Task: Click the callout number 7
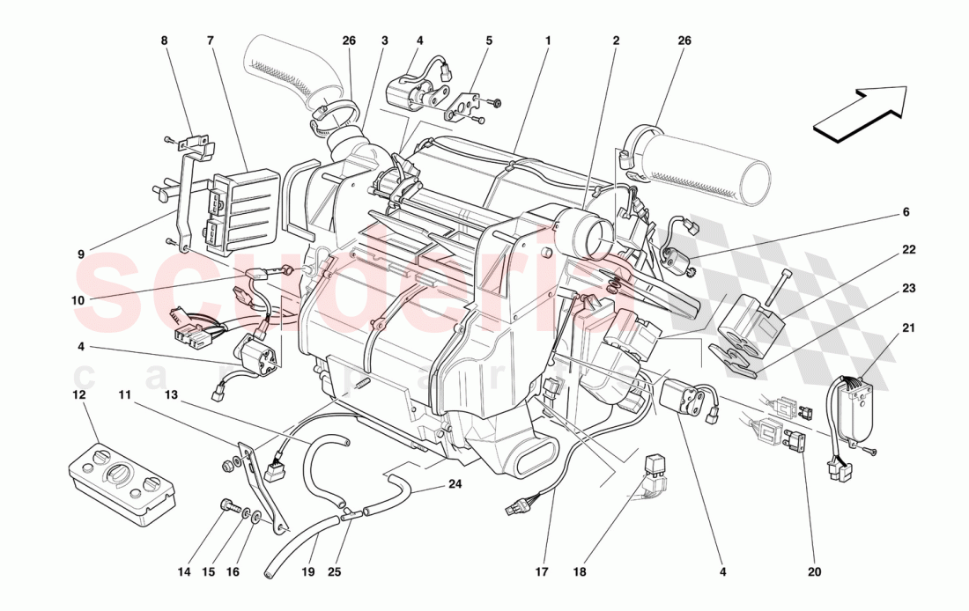tap(211, 40)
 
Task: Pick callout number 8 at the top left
tap(163, 40)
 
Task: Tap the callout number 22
tap(908, 249)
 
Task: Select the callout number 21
tap(908, 328)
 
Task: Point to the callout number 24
tap(455, 483)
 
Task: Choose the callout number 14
tap(183, 571)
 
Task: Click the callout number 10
tap(79, 299)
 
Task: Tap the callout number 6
tap(906, 212)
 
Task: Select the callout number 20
tap(813, 571)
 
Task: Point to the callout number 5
tap(489, 40)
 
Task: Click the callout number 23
tap(908, 287)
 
